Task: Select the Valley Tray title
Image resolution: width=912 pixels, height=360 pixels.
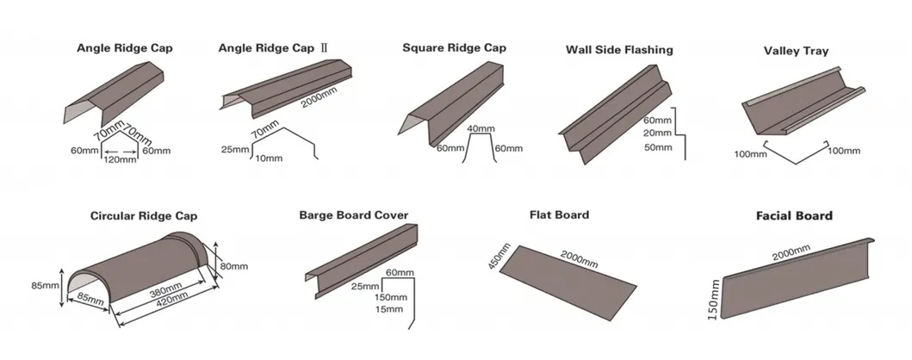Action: pos(796,52)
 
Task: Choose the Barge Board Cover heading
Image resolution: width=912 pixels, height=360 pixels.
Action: pos(353,214)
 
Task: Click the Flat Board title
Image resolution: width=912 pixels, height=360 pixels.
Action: pos(559,214)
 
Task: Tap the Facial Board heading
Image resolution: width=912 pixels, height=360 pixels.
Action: pos(794,215)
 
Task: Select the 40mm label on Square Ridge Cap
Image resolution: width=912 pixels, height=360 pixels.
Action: pos(478,129)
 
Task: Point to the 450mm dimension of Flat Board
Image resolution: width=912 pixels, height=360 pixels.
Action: pos(494,257)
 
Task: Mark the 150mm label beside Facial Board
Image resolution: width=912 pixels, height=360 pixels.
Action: pos(712,299)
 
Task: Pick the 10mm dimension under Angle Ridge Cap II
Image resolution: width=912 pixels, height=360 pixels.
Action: pos(269,158)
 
